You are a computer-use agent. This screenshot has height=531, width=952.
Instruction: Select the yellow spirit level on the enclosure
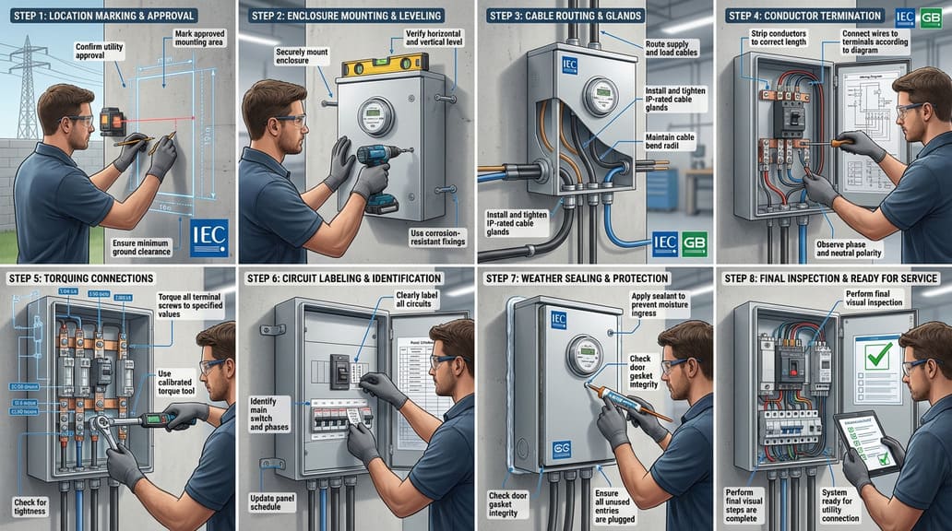click(380, 66)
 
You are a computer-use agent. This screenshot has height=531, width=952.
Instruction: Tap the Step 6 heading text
click(343, 277)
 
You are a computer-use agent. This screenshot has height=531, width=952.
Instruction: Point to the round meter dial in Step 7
click(584, 355)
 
